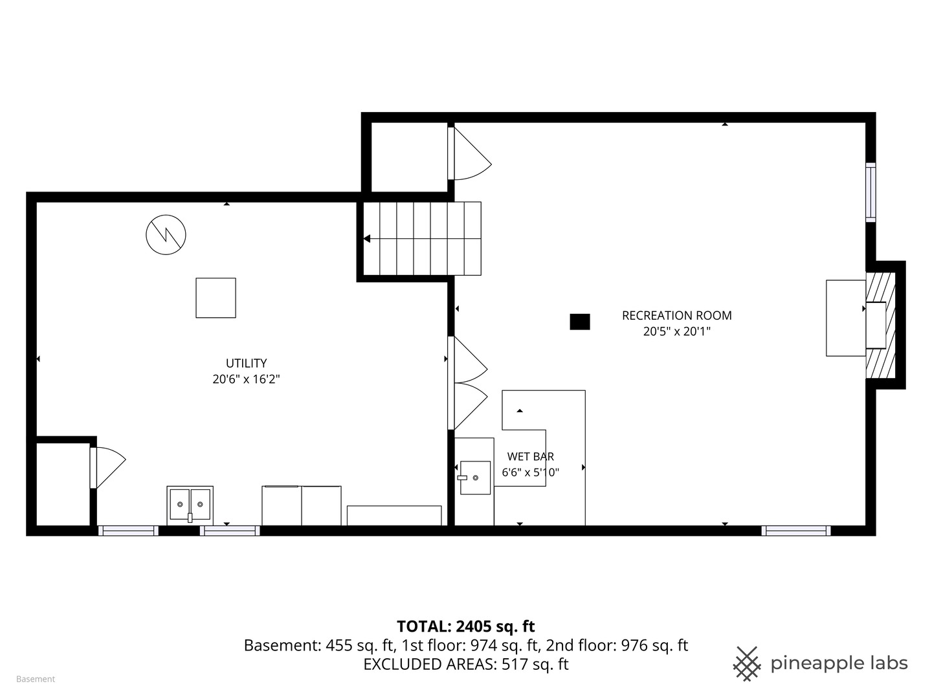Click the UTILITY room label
click(x=247, y=363)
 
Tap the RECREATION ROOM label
click(x=677, y=316)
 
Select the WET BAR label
click(x=530, y=457)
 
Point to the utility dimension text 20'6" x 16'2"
click(x=247, y=379)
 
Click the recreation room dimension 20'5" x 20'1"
click(x=677, y=331)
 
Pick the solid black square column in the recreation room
click(x=579, y=322)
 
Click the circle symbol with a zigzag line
click(x=166, y=235)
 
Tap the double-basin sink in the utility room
click(x=190, y=505)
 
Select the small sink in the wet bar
click(x=474, y=478)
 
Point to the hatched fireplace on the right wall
click(x=881, y=325)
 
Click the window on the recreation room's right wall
click(x=871, y=192)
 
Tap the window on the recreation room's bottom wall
click(x=795, y=531)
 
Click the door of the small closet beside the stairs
click(x=469, y=153)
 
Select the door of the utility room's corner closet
click(x=108, y=468)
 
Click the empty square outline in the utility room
click(x=216, y=298)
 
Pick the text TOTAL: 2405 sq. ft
click(x=466, y=627)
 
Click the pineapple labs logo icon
click(x=747, y=664)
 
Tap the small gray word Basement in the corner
click(x=36, y=679)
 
